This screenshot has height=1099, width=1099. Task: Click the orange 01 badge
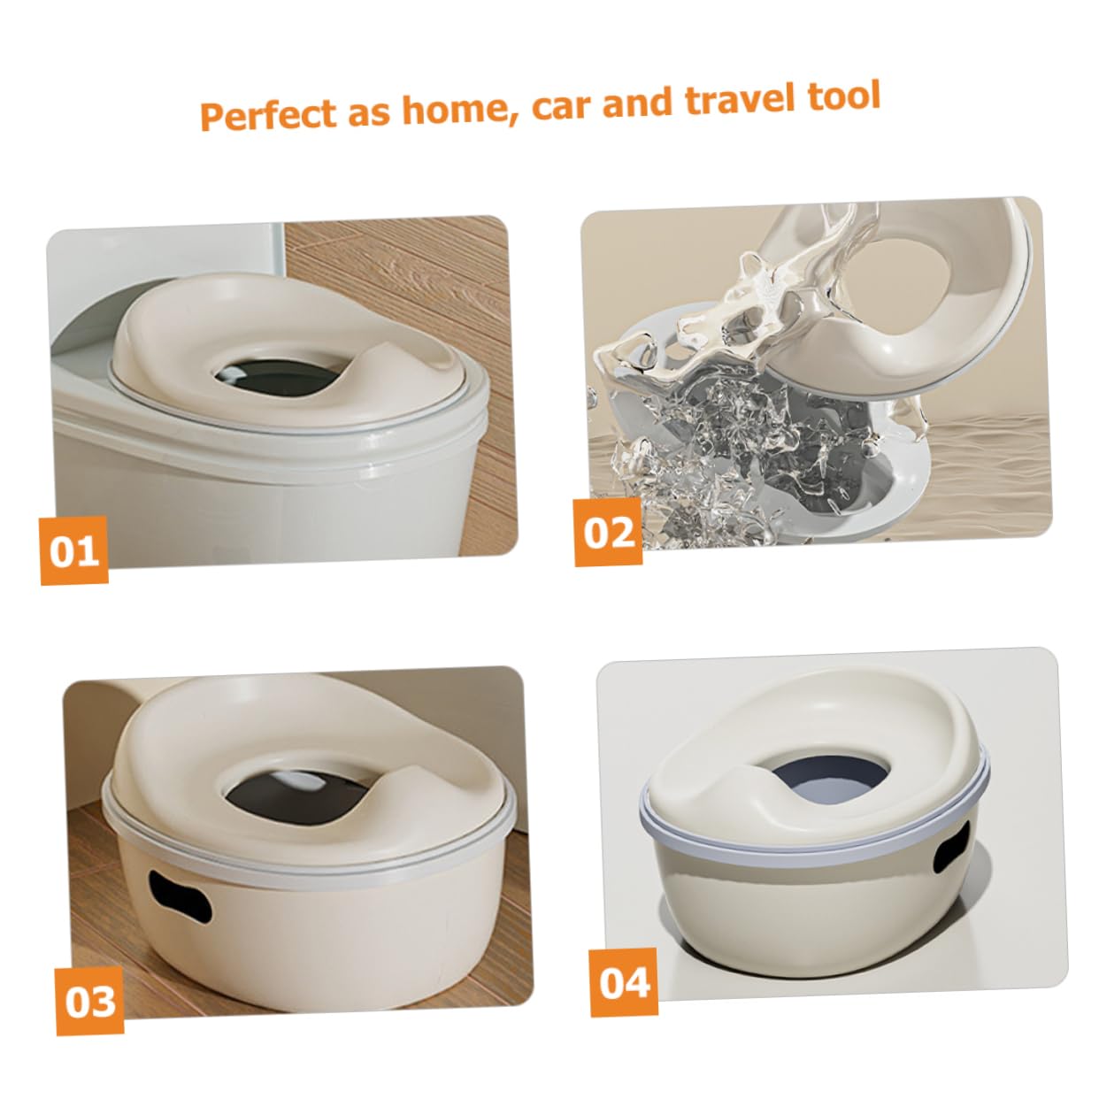point(74,550)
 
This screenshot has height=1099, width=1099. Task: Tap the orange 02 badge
point(609,532)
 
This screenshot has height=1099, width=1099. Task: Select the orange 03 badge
point(90,1001)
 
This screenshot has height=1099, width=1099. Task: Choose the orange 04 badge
point(625,982)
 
